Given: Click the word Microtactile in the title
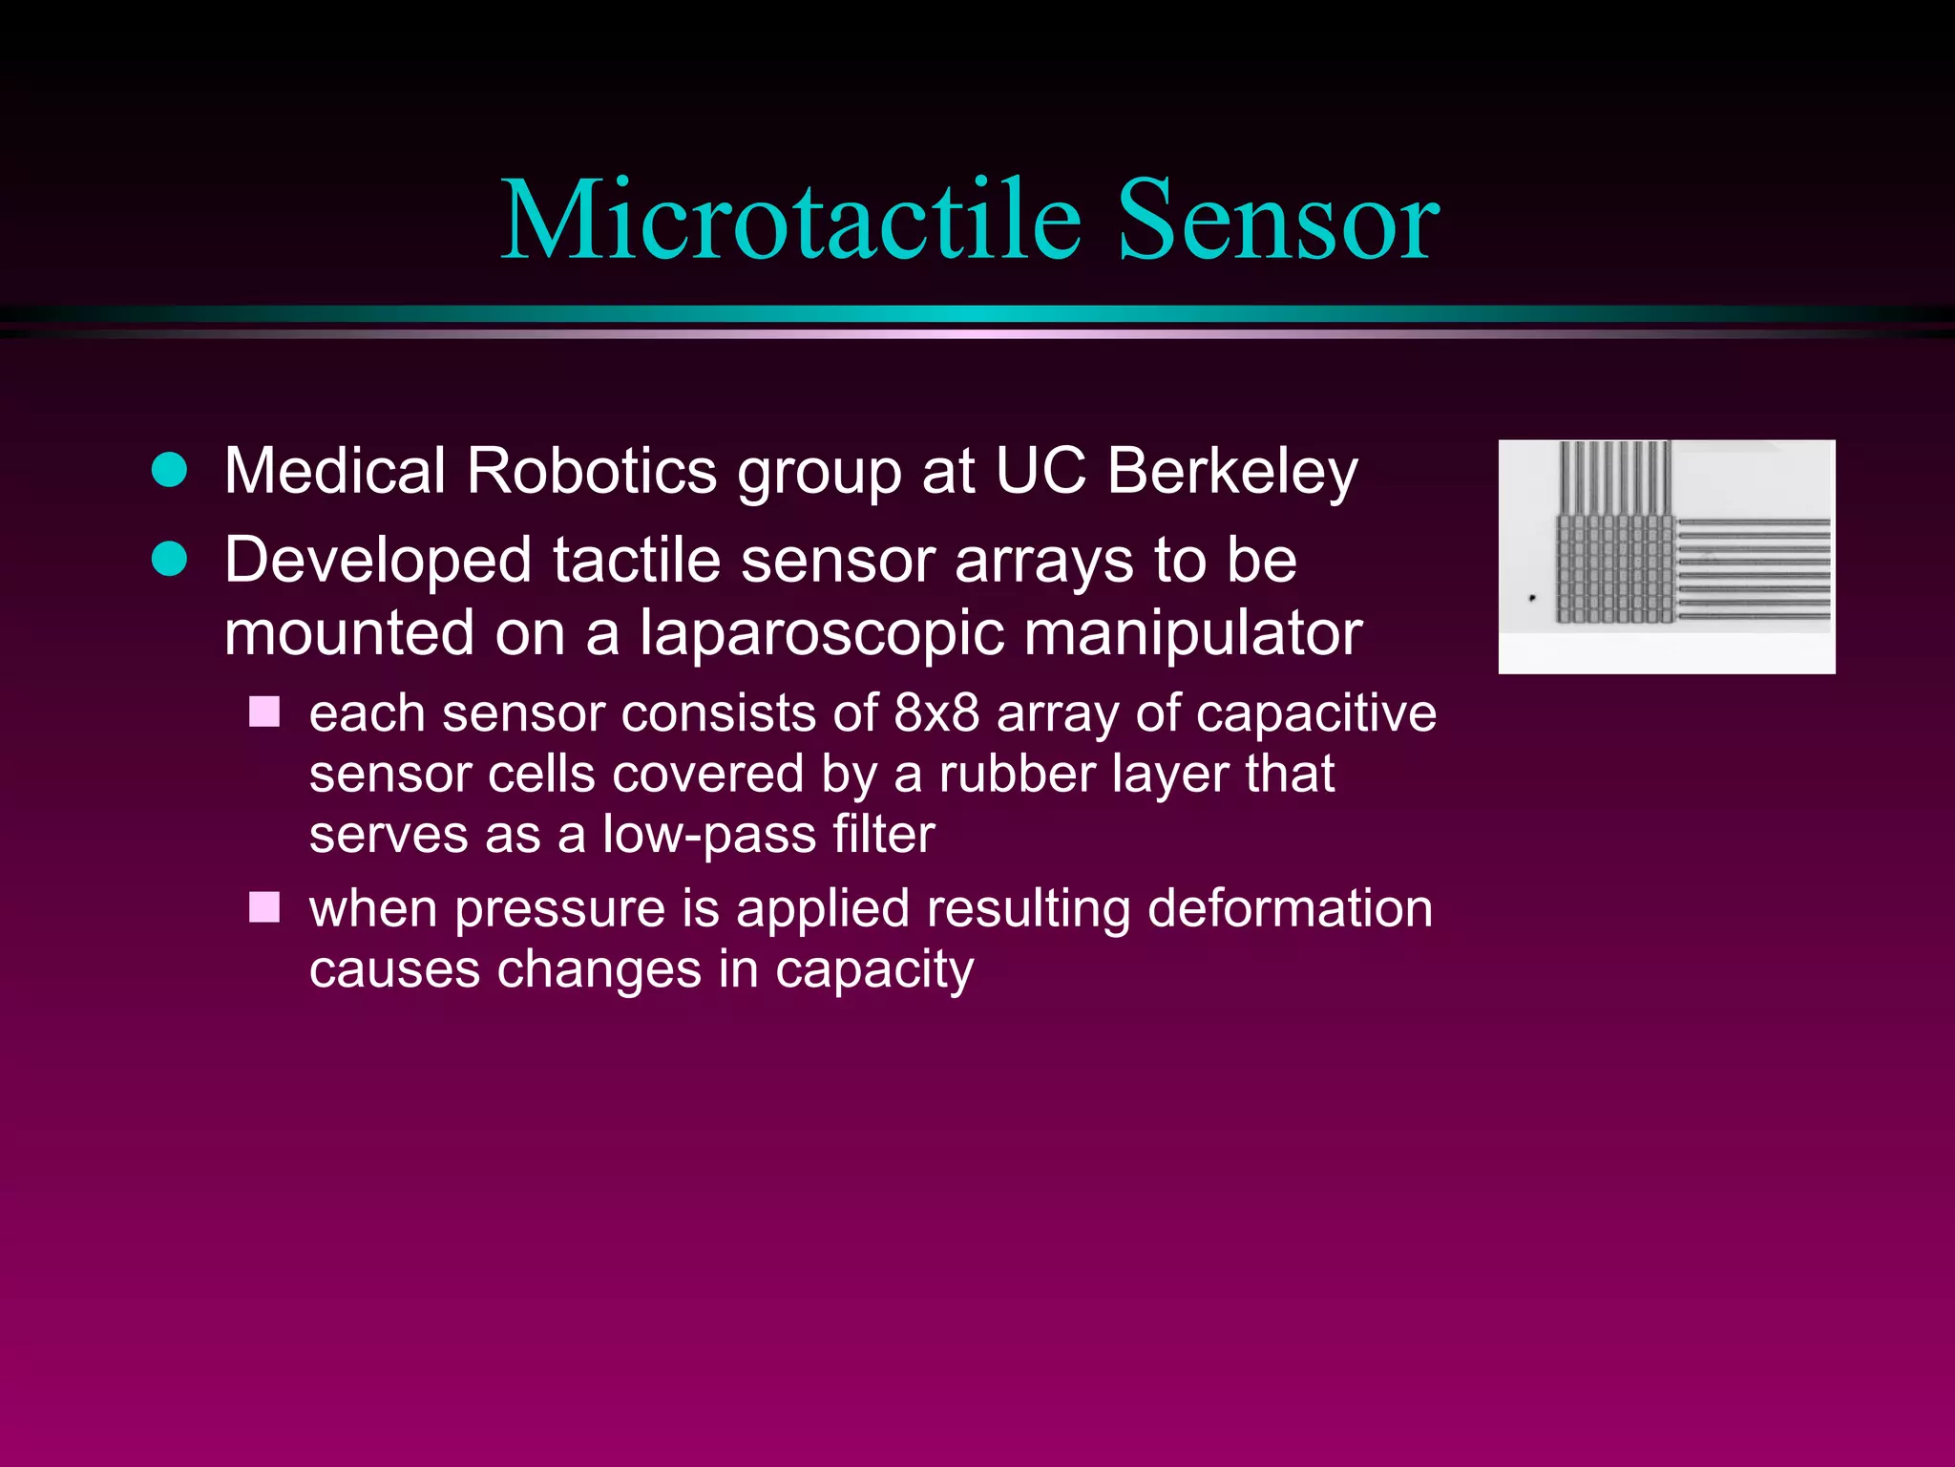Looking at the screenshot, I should (x=791, y=221).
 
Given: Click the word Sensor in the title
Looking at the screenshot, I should (x=1277, y=221).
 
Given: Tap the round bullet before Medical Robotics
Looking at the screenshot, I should (x=170, y=470).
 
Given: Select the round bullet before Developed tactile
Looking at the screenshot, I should (x=170, y=559).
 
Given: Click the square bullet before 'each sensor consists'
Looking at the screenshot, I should (x=264, y=712).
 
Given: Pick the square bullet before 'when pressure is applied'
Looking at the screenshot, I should (x=264, y=907).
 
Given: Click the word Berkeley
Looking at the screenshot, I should (x=1231, y=472).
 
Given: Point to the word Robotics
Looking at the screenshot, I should (x=591, y=472).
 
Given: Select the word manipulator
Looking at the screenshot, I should (x=1193, y=633).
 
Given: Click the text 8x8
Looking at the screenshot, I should (x=936, y=713).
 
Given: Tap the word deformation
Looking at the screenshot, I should (x=1290, y=908).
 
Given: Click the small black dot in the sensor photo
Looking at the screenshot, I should (x=1532, y=598).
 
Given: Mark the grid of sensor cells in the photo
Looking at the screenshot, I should (x=1614, y=569).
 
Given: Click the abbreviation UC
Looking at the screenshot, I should (x=1040, y=472).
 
